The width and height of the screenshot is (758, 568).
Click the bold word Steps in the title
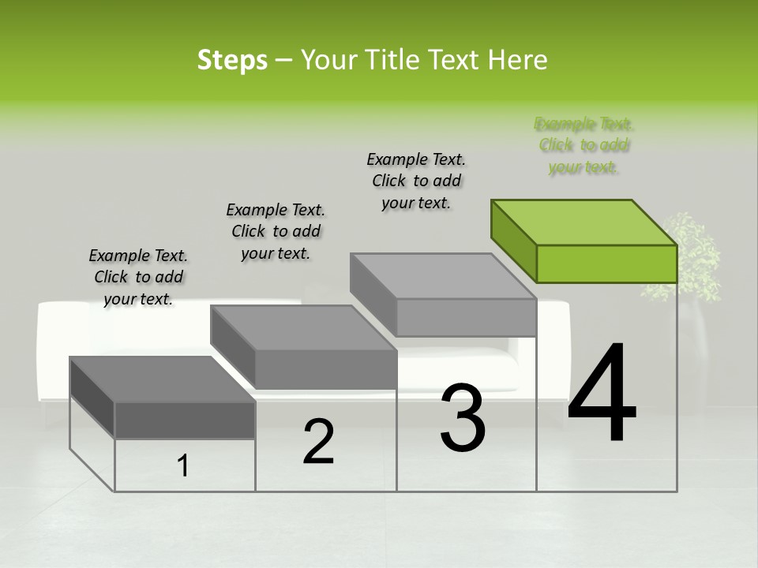(232, 60)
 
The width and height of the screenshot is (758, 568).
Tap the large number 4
(602, 394)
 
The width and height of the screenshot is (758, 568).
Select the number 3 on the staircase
(463, 418)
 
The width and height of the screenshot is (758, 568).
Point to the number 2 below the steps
(318, 442)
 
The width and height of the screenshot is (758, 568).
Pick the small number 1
(183, 466)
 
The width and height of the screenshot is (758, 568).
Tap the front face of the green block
(606, 263)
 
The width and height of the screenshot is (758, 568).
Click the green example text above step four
(584, 145)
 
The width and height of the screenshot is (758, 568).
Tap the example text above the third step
(416, 181)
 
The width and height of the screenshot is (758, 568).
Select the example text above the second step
(276, 231)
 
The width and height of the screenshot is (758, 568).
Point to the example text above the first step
(138, 277)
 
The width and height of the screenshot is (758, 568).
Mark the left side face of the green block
(514, 241)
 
